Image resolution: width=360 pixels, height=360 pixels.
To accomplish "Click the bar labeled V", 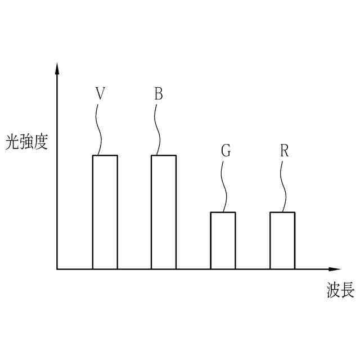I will [105, 212].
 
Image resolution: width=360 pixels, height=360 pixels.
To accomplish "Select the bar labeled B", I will [164, 212].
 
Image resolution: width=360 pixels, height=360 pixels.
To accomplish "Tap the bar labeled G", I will [223, 241].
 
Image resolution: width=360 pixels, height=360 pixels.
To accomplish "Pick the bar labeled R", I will [282, 241].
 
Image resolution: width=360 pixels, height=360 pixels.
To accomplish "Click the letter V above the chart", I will [100, 93].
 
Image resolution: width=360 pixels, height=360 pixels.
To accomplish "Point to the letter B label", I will [159, 93].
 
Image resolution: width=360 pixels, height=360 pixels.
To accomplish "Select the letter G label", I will [226, 151].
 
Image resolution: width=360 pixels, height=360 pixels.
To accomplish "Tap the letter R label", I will [285, 151].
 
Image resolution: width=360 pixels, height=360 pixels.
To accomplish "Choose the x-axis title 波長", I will [340, 291].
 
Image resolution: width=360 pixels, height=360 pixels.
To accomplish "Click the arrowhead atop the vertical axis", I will [57, 68].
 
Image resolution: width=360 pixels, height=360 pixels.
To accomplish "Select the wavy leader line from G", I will [225, 186].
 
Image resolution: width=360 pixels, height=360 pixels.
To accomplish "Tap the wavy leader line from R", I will [284, 186].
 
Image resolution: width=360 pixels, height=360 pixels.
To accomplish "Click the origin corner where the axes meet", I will [57, 269].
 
